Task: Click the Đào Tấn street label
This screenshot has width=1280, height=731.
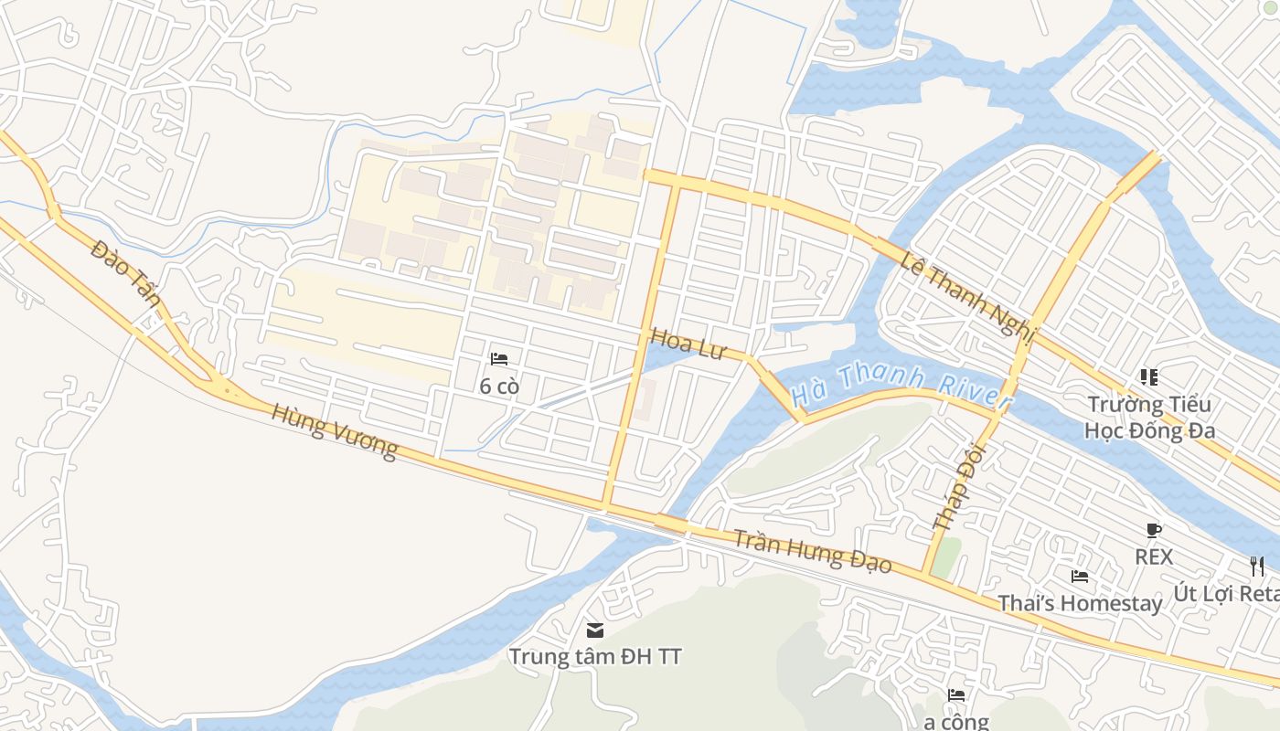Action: pos(126,275)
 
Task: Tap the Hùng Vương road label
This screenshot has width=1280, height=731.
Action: pos(335,431)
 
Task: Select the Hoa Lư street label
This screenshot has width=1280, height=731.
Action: pos(688,344)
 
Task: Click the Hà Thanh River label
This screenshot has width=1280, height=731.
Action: pos(901,387)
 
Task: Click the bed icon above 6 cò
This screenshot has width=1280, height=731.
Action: pos(499,359)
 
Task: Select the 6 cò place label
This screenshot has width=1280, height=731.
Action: pos(499,387)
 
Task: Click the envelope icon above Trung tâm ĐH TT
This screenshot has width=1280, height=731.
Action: pos(595,630)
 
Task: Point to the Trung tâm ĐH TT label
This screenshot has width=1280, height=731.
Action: pos(595,656)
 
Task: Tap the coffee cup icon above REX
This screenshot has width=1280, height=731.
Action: pos(1154,530)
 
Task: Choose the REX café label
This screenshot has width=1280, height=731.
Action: pos(1154,556)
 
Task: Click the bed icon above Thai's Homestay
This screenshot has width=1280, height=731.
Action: pos(1080,577)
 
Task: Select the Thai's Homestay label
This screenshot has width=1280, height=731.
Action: pos(1080,603)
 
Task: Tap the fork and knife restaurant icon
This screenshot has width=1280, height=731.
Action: pos(1257,567)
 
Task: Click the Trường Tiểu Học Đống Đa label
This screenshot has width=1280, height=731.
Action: pos(1149,417)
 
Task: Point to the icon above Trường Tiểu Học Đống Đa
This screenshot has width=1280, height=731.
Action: pos(1149,376)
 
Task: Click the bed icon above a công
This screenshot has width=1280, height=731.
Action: pos(956,695)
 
